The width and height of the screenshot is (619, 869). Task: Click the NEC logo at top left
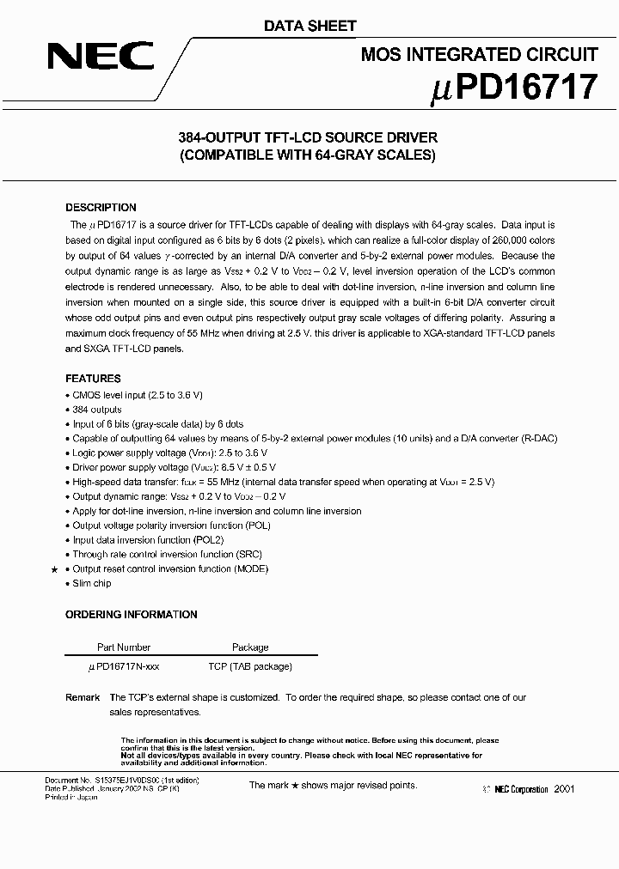[100, 58]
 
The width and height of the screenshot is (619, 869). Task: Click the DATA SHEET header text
[309, 26]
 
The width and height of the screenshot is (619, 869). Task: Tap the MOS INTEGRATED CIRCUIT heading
[478, 55]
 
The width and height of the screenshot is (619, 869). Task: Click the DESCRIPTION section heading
[101, 208]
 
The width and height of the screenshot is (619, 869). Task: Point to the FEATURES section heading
[93, 379]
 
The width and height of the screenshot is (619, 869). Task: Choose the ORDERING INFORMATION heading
[132, 615]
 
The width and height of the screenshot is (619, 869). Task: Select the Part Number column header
[124, 647]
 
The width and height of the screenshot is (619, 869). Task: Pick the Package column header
[250, 647]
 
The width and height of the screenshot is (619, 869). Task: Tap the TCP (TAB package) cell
[250, 666]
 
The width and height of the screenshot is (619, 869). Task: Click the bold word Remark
[83, 697]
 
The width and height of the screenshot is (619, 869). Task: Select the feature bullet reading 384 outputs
[97, 410]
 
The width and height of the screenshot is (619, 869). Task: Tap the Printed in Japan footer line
[71, 796]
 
